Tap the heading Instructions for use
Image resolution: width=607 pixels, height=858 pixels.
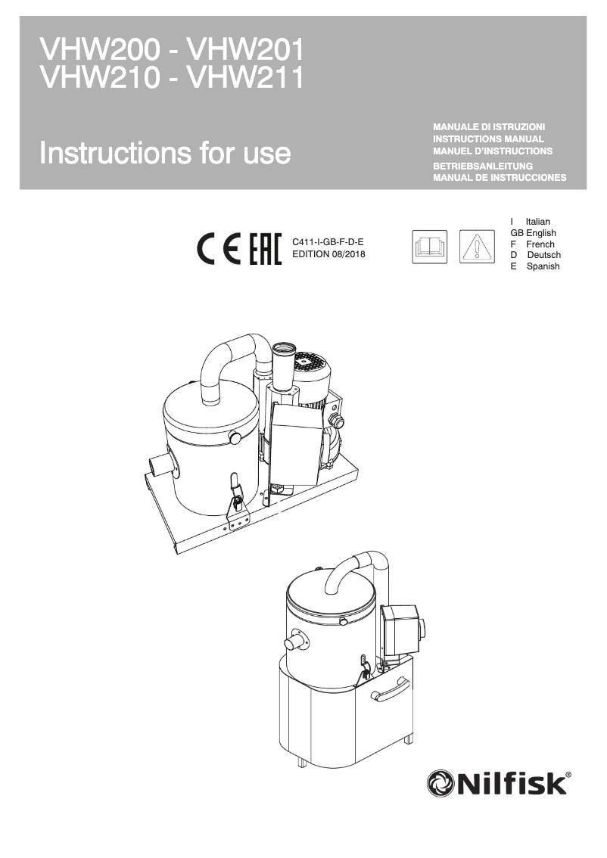165,153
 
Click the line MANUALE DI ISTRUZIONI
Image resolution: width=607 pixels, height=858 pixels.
488,126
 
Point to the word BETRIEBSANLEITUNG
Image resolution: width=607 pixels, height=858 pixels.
483,166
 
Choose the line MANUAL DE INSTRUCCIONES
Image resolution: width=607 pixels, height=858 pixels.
499,178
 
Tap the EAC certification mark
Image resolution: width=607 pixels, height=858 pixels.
265,248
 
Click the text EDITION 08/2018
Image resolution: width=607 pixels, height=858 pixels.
328,254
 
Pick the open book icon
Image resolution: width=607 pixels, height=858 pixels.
430,247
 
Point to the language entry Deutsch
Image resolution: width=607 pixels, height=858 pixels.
543,255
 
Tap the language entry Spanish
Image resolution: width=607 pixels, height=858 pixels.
543,266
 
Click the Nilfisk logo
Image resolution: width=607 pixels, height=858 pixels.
499,783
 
